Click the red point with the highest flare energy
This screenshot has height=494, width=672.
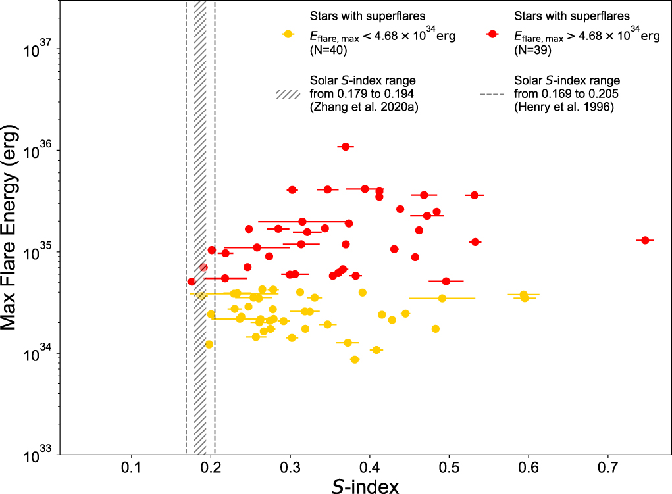pos(346,147)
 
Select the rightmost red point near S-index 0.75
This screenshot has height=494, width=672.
pos(645,240)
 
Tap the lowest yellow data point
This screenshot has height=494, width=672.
pos(355,360)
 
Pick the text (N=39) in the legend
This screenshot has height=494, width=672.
pos(532,49)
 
